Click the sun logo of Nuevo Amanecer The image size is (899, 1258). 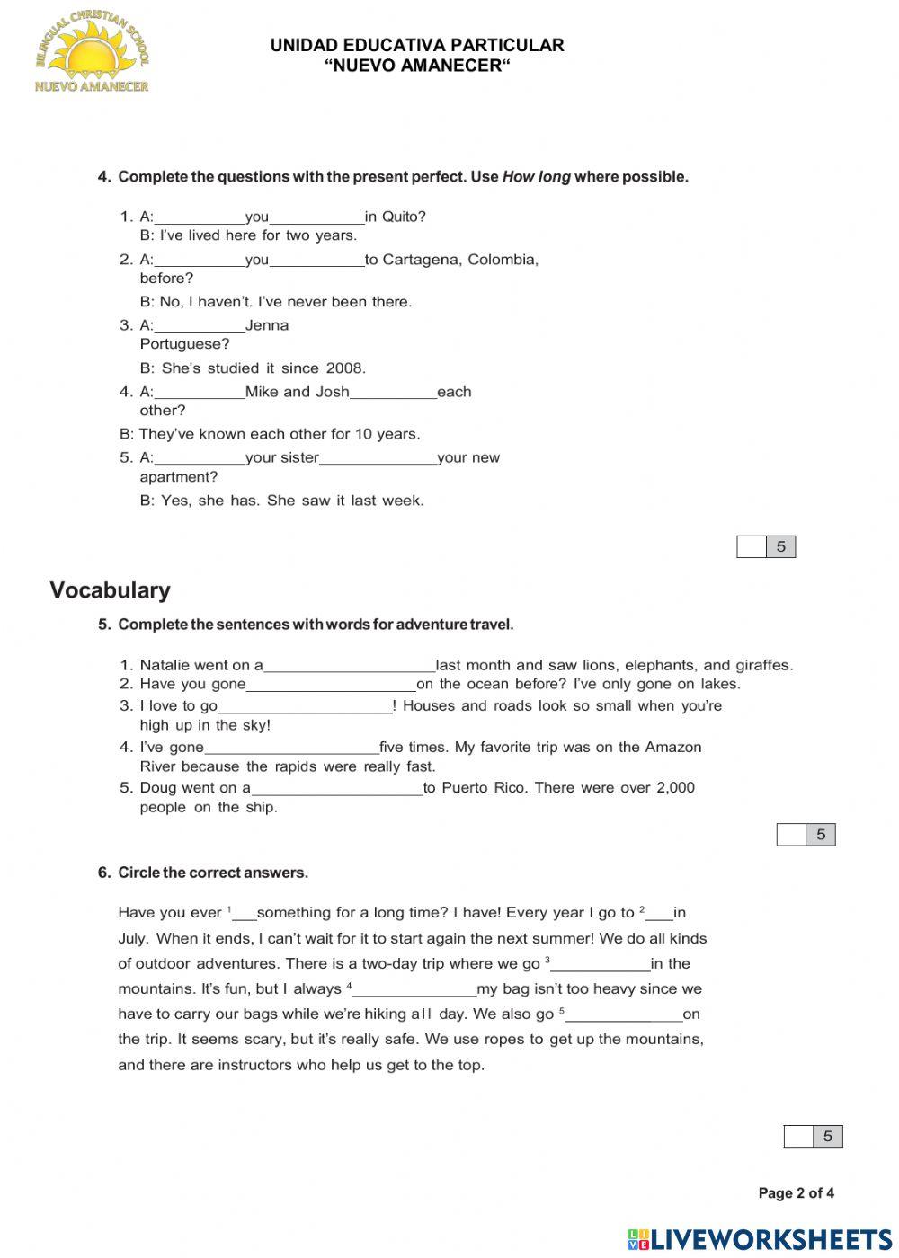point(91,54)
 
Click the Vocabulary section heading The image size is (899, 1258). point(110,590)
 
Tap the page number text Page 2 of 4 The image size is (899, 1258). point(796,1193)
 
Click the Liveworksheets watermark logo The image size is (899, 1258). point(760,1240)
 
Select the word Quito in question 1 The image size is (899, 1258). point(404,217)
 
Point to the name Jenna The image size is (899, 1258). point(267,325)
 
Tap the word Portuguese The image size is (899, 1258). point(184,344)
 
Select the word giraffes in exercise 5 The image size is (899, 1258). point(764,666)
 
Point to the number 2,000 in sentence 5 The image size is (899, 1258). point(675,788)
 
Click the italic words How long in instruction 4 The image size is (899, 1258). point(536,177)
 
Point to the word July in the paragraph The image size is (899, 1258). point(133,938)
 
